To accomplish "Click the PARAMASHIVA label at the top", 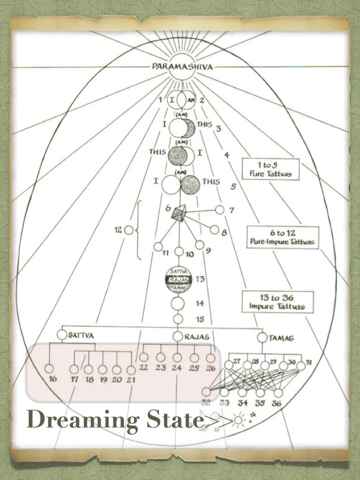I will pos(182,67).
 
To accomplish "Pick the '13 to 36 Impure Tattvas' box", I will pos(277,302).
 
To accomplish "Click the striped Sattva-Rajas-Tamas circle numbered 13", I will pos(179,279).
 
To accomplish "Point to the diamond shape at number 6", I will pos(179,214).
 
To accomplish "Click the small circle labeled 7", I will pos(219,210).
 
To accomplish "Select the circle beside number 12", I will pos(129,230).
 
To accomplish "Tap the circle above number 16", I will pos(49,369).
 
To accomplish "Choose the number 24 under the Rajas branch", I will pos(176,368).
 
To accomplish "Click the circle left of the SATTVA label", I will pos(62,335).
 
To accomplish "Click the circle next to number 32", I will pos(206,392).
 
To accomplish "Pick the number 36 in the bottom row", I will pos(277,403).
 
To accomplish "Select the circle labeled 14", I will pos(178,303).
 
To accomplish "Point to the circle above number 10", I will pos(179,252).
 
